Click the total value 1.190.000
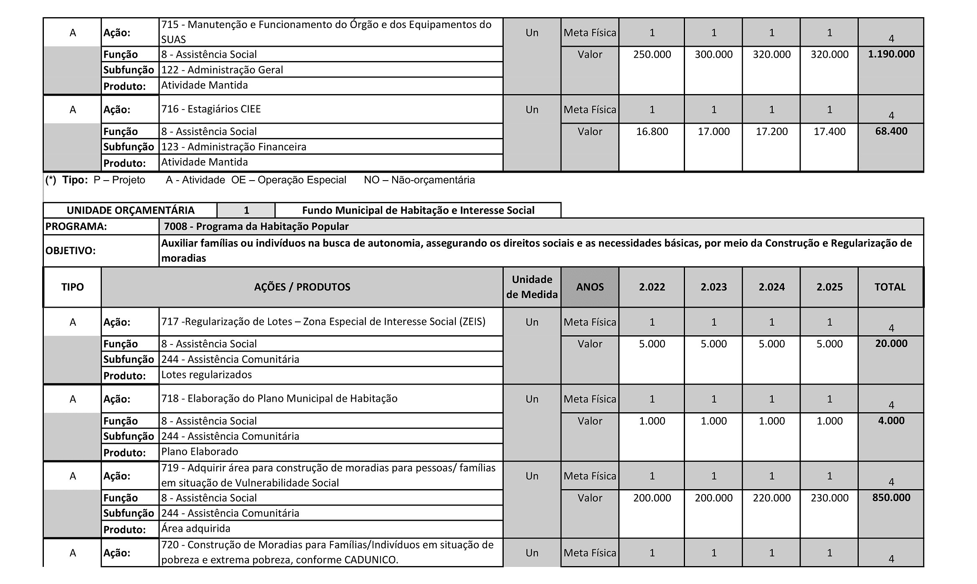pos(891,54)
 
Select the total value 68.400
pos(891,131)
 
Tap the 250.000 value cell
pos(652,55)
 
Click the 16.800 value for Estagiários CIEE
pos(652,132)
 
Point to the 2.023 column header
pos(713,287)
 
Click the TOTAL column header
pos(890,287)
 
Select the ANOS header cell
pos(590,287)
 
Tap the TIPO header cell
pos(72,287)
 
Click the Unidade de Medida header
pos(532,287)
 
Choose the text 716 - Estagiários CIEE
pos(211,109)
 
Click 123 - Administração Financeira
pos(234,147)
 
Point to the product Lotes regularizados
pos(206,375)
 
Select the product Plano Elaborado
pos(200,451)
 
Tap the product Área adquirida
pos(195,528)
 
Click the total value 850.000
pos(891,497)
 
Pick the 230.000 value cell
pos(829,498)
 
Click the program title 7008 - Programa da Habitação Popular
pos(256,227)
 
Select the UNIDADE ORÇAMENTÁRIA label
pos(130,210)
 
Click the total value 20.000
pos(891,344)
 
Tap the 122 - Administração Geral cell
pos(222,70)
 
